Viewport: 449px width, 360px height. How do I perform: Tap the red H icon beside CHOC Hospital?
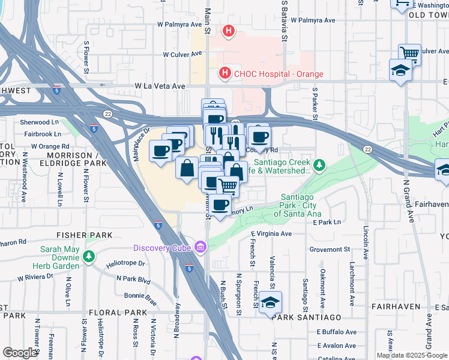224,74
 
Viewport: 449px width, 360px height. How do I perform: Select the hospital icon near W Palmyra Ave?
229,31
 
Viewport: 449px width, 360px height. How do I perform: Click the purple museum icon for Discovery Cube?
200,247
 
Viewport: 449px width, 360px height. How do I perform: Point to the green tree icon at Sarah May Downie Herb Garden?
89,257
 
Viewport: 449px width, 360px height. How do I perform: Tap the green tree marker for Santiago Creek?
320,164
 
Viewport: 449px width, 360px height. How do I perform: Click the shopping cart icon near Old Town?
409,54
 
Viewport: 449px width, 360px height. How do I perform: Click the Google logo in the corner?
20,353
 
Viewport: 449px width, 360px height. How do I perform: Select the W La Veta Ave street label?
160,86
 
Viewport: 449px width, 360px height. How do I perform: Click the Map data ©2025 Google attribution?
412,355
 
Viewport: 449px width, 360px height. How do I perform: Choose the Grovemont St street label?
330,249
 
